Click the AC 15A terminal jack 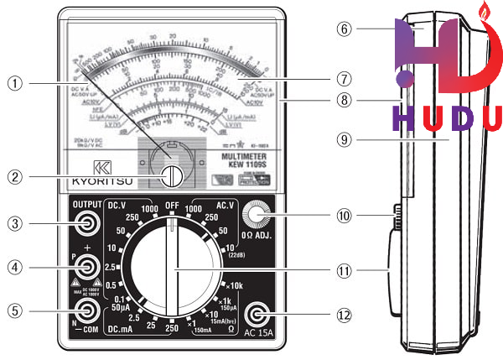259,315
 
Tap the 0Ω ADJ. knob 259,217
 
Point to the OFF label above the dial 172,206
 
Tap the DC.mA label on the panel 122,331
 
